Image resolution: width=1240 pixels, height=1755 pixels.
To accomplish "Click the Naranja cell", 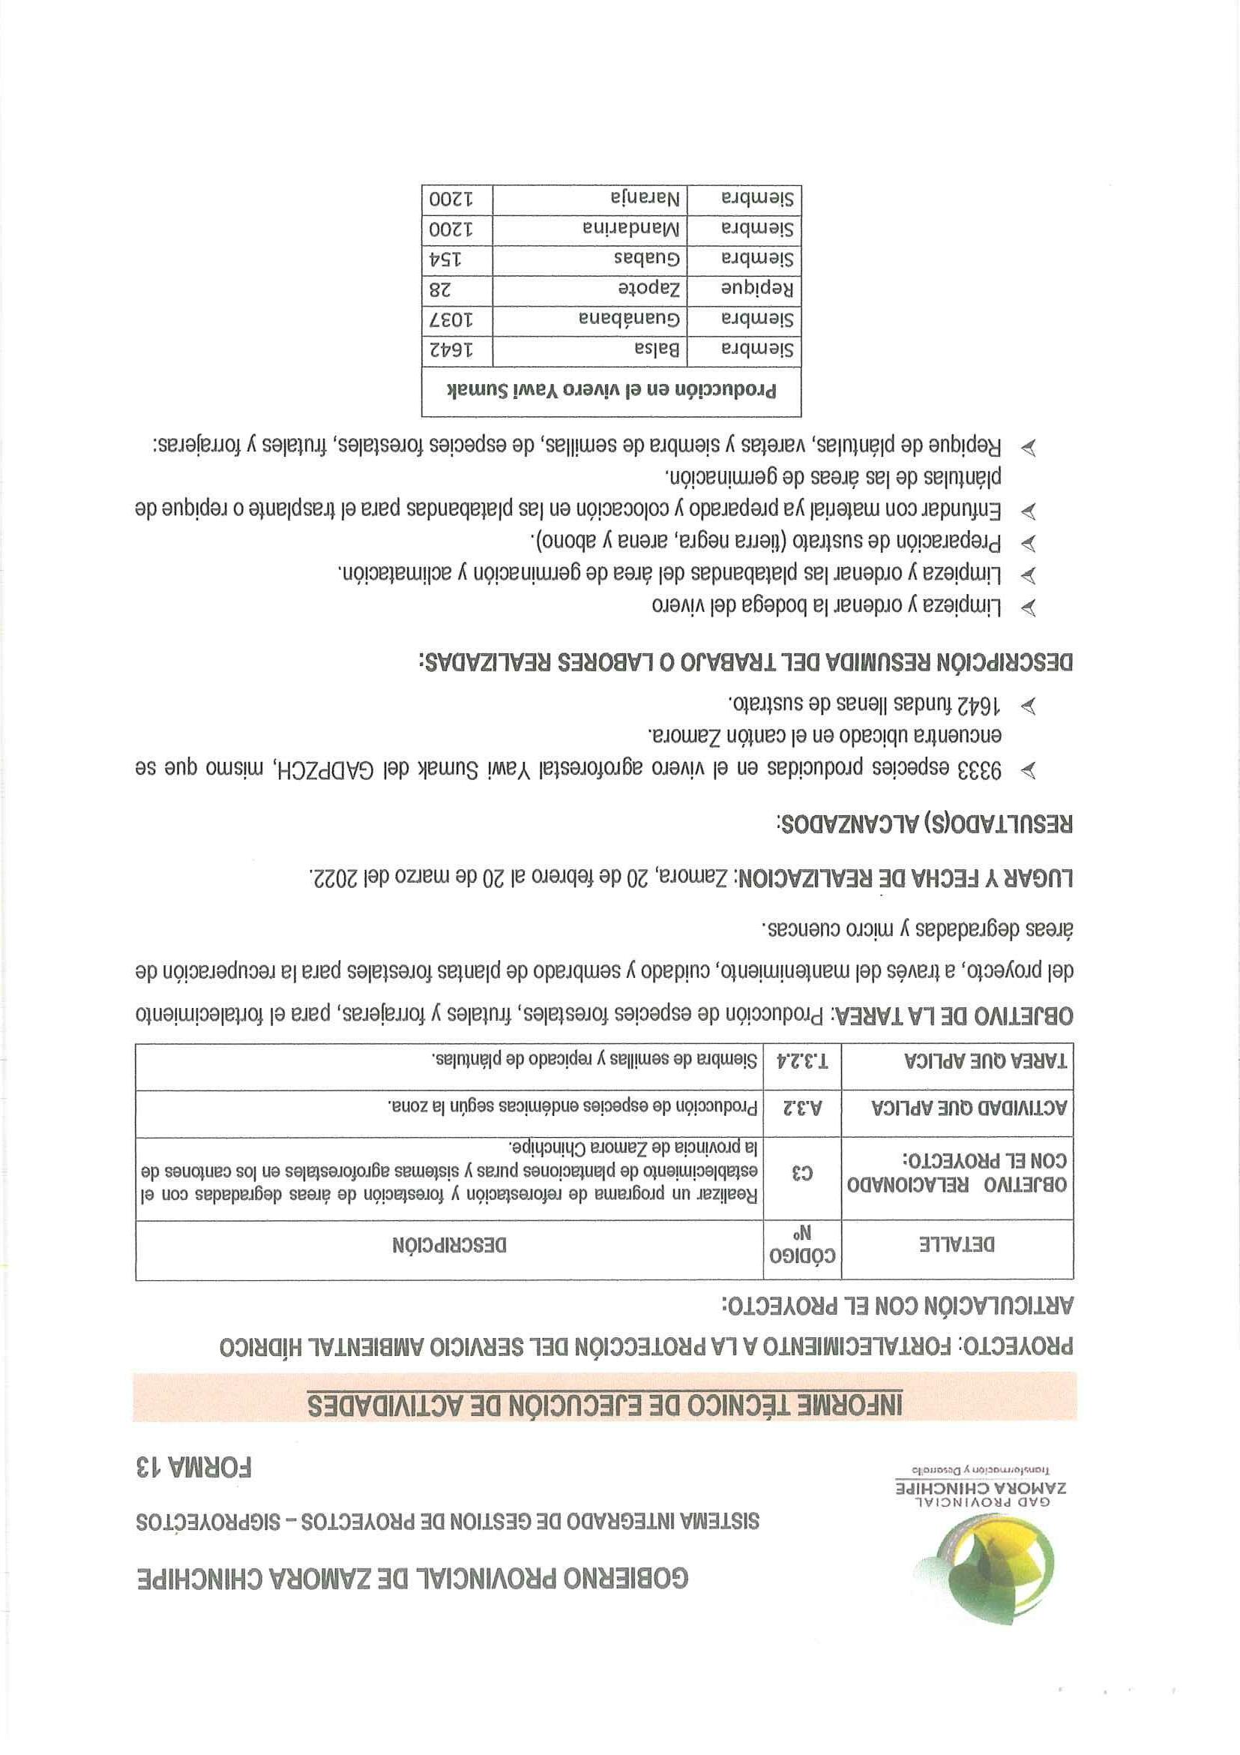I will pos(645,199).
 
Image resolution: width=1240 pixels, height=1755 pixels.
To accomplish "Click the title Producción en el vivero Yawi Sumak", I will pos(611,391).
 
